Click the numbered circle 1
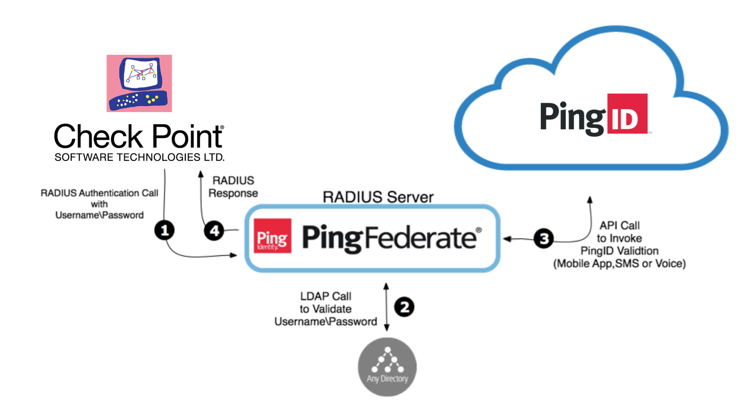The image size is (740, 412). (x=164, y=230)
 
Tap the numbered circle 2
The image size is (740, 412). (x=404, y=307)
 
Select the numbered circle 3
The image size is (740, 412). (x=543, y=238)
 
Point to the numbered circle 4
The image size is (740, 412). (x=214, y=231)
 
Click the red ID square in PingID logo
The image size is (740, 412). (x=627, y=114)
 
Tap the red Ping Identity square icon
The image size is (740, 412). (x=273, y=237)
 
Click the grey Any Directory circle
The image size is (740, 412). (x=387, y=367)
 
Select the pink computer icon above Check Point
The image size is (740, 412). (x=139, y=83)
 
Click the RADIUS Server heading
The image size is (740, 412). (x=378, y=197)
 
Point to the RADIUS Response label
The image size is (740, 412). (x=233, y=187)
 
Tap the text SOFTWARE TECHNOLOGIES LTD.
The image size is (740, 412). (x=139, y=157)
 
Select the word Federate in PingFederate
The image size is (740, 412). (x=420, y=238)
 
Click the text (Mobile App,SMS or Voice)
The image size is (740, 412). (x=619, y=264)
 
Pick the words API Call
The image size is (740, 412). (x=619, y=225)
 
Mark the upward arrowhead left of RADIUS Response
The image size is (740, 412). (x=201, y=174)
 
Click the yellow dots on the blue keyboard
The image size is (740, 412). (x=152, y=99)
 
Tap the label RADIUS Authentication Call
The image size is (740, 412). (x=99, y=193)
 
